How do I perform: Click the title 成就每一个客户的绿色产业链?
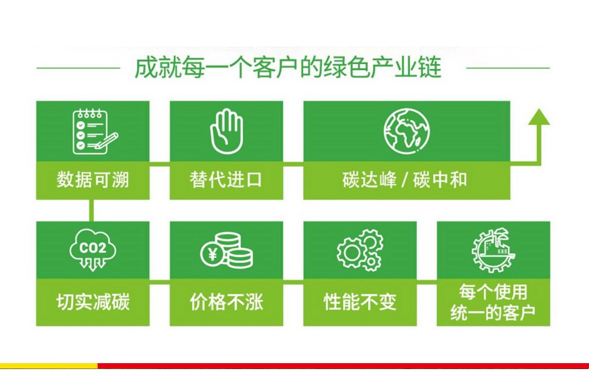point(288,68)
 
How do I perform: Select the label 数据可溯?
point(93,180)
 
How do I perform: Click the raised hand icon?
point(227,131)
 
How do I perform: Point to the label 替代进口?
point(226,180)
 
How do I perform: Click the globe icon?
point(406,131)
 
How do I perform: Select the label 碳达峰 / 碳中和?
point(405,180)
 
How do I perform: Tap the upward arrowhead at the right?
point(539,117)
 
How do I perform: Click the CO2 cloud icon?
point(93,250)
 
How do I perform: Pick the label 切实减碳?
point(93,301)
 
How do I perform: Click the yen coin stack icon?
point(227,250)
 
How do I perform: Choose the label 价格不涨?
point(226,301)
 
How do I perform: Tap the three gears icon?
point(360,250)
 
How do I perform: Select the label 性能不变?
point(360,301)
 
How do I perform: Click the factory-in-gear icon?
point(493,250)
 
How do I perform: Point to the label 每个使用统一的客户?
point(493,302)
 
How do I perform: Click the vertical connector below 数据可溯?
point(91,210)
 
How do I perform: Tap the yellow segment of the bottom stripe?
point(49,366)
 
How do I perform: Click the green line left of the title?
point(78,68)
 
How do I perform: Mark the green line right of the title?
point(508,68)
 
